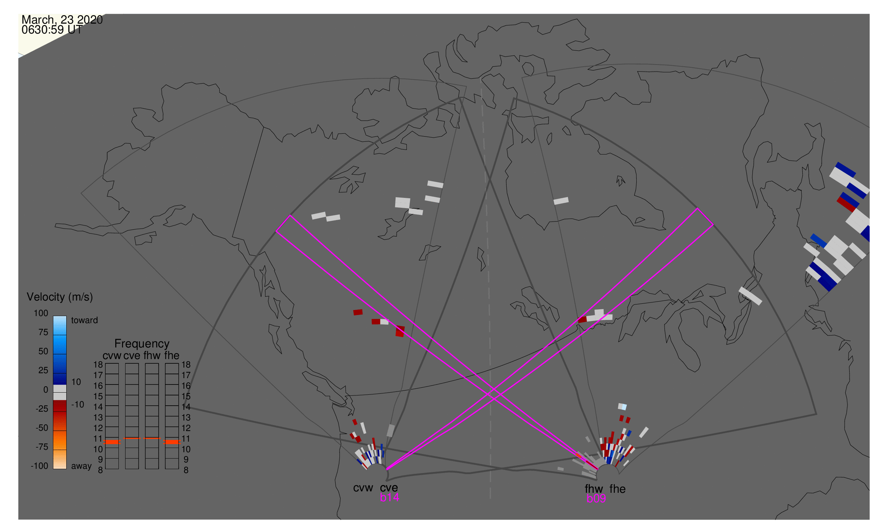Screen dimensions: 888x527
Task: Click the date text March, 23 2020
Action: click(62, 20)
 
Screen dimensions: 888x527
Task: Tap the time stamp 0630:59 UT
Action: click(52, 30)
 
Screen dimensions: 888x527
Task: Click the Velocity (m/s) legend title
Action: click(60, 297)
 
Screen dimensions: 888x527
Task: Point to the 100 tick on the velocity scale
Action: click(41, 314)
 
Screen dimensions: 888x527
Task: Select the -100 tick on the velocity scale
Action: click(39, 466)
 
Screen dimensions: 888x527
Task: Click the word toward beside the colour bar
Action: click(85, 321)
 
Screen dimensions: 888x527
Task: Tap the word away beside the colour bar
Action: click(81, 467)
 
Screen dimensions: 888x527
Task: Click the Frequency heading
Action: click(142, 344)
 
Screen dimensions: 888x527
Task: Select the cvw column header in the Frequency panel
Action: click(112, 356)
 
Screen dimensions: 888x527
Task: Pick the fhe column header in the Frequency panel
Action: click(172, 356)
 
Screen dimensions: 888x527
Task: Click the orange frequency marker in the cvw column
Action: click(112, 442)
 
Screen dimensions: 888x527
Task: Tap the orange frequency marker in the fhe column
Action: click(172, 442)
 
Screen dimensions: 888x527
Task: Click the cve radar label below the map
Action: click(389, 488)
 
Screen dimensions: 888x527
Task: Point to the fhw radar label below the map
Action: click(594, 489)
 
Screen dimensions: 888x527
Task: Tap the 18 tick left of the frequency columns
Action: click(98, 365)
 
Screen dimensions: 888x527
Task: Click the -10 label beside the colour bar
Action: click(78, 405)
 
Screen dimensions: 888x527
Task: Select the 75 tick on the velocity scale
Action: click(43, 333)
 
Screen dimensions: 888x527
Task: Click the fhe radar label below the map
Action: click(618, 489)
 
